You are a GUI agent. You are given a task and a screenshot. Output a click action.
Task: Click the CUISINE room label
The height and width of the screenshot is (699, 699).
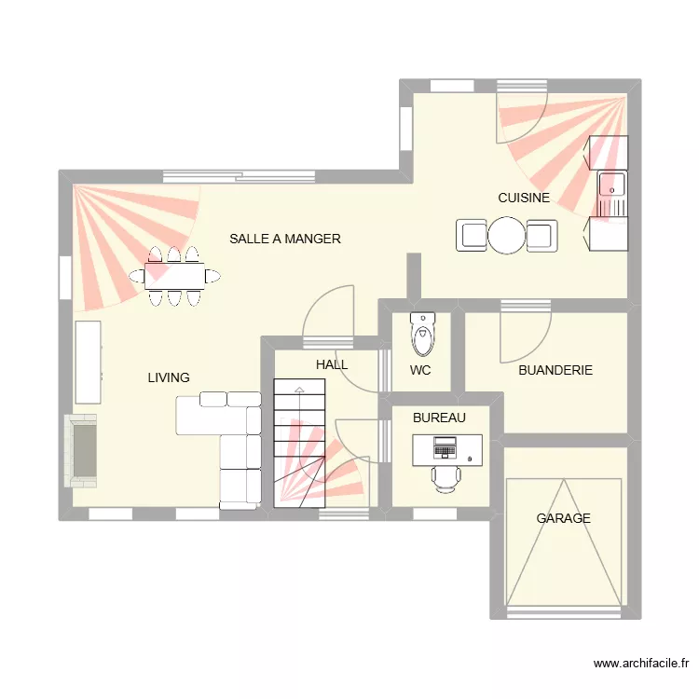(x=523, y=198)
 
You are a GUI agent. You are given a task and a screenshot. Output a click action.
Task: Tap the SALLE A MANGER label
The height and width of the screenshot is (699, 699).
(x=285, y=239)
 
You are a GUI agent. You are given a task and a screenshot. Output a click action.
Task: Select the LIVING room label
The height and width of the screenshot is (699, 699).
(x=169, y=377)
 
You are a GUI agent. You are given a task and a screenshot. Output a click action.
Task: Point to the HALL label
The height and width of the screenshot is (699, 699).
(x=332, y=364)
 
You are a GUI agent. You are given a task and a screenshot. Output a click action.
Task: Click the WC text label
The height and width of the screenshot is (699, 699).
(x=420, y=370)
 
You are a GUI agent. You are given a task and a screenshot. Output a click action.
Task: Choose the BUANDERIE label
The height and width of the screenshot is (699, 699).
(x=555, y=370)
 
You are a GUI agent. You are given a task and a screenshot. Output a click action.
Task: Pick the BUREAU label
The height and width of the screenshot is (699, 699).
(x=439, y=418)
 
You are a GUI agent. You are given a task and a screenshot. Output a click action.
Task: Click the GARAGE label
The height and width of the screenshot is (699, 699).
(x=563, y=518)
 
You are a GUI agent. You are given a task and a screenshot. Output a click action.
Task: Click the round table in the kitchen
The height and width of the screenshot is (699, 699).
(x=507, y=236)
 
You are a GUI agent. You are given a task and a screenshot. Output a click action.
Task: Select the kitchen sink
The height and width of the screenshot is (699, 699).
(x=611, y=184)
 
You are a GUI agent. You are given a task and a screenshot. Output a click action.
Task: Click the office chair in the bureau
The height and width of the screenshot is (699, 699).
(x=445, y=477)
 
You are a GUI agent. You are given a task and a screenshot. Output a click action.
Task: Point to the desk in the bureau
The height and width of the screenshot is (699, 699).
(x=447, y=449)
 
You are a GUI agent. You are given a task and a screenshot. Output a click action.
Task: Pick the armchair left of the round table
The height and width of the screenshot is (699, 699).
(x=472, y=236)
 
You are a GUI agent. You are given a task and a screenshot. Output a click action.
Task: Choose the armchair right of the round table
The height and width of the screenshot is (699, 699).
(x=541, y=236)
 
